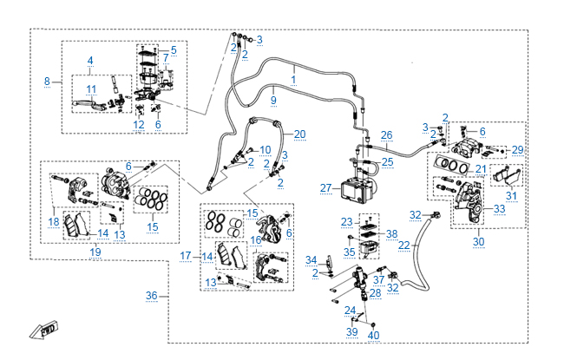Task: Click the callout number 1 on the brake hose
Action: tap(293, 79)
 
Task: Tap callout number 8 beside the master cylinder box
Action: tap(48, 82)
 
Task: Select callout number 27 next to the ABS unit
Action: tap(325, 187)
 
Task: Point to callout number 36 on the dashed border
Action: tap(152, 296)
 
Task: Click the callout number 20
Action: tap(299, 134)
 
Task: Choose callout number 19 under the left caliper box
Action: tap(95, 252)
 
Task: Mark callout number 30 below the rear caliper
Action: tap(478, 241)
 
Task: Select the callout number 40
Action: tap(374, 335)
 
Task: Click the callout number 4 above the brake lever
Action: tap(89, 61)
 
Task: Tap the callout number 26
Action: tap(387, 134)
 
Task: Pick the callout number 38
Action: tap(391, 234)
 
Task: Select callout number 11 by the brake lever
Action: tap(90, 88)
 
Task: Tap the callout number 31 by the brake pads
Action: tap(510, 194)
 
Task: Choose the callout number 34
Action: tap(312, 260)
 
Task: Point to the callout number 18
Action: tap(54, 222)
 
